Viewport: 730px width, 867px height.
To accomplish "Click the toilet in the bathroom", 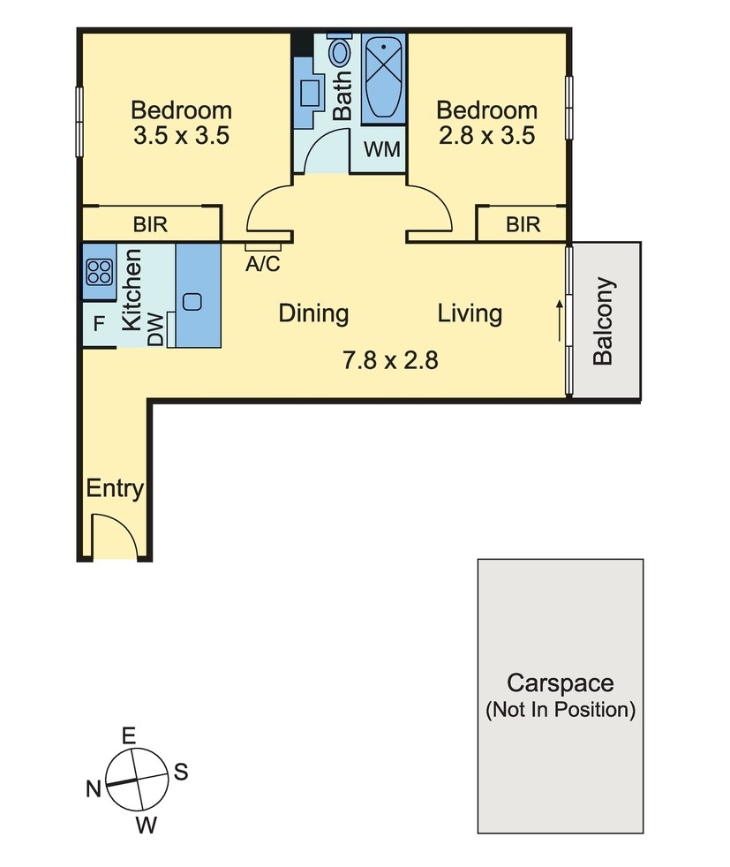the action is pyautogui.click(x=339, y=49).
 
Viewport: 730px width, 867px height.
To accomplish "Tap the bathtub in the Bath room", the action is pyautogui.click(x=383, y=78).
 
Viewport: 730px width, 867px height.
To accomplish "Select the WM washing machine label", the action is pyautogui.click(x=382, y=148).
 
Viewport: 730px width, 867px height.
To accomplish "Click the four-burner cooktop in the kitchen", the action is pyautogui.click(x=100, y=272).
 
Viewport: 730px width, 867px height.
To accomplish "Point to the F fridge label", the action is pyautogui.click(x=99, y=323).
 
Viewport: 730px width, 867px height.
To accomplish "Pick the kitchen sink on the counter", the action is pyautogui.click(x=192, y=302).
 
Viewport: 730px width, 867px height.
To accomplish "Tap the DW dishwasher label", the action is pyautogui.click(x=156, y=330).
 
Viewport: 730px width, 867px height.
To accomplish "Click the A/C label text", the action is pyautogui.click(x=262, y=264).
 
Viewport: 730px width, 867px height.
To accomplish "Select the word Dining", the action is pyautogui.click(x=313, y=313).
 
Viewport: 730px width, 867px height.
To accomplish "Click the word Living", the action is pyautogui.click(x=470, y=313).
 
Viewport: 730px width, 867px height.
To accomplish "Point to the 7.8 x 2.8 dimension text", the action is pyautogui.click(x=390, y=360).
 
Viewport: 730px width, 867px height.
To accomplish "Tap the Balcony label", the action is pyautogui.click(x=603, y=321).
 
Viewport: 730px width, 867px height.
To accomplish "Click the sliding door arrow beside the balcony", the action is pyautogui.click(x=560, y=320).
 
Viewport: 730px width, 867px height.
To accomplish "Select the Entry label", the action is pyautogui.click(x=115, y=489).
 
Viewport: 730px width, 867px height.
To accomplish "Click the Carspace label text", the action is pyautogui.click(x=560, y=683).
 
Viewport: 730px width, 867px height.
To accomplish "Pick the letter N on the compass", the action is pyautogui.click(x=94, y=789).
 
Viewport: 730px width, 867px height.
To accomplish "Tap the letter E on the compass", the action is pyautogui.click(x=128, y=736).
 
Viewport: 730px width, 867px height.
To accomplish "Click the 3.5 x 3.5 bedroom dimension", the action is pyautogui.click(x=181, y=135).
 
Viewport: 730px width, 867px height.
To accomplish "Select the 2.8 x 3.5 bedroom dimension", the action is pyautogui.click(x=487, y=135).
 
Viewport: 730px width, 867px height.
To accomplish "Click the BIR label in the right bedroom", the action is pyautogui.click(x=523, y=224).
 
